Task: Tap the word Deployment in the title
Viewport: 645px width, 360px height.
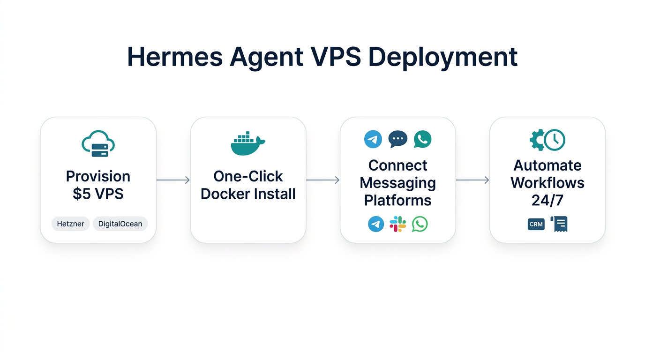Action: pyautogui.click(x=442, y=57)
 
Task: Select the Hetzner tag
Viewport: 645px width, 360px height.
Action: pyautogui.click(x=70, y=224)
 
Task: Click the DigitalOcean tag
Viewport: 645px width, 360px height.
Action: pyautogui.click(x=120, y=224)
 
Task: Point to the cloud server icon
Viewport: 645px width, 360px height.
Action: pyautogui.click(x=98, y=144)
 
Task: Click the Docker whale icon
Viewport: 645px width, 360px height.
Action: pyautogui.click(x=247, y=144)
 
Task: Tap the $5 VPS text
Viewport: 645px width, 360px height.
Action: pyautogui.click(x=98, y=194)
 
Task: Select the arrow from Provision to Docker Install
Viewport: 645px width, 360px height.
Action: pyautogui.click(x=173, y=180)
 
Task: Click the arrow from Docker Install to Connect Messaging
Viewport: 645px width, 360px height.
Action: pyautogui.click(x=323, y=180)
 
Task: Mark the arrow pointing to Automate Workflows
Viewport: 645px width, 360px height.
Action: pyautogui.click(x=472, y=180)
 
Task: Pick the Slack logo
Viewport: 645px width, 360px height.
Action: pyautogui.click(x=397, y=224)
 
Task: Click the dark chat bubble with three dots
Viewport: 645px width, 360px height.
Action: pyautogui.click(x=397, y=139)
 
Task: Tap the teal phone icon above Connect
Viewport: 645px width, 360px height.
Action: pyautogui.click(x=422, y=139)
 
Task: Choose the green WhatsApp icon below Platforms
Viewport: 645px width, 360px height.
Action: pyautogui.click(x=420, y=224)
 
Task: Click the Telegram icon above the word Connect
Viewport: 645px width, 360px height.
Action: pyautogui.click(x=373, y=139)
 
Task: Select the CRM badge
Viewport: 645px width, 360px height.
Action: pyautogui.click(x=536, y=224)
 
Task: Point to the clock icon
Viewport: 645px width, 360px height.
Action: pyautogui.click(x=555, y=139)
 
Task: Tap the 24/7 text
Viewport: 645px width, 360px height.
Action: pyautogui.click(x=547, y=200)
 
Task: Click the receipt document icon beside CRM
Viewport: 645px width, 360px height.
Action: pyautogui.click(x=559, y=224)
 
